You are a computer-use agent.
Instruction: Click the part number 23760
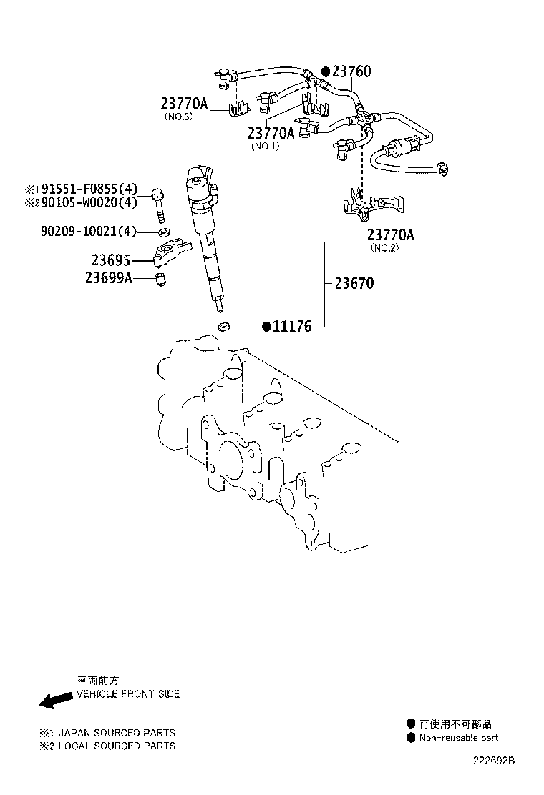click(x=351, y=71)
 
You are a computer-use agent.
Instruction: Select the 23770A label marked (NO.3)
click(x=184, y=104)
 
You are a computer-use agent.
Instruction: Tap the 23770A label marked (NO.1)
click(x=271, y=133)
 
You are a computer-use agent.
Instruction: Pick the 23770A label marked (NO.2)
click(x=390, y=234)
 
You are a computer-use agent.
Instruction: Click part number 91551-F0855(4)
click(x=89, y=189)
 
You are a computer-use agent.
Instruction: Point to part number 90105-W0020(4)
click(x=89, y=202)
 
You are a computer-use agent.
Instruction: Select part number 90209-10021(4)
click(x=89, y=232)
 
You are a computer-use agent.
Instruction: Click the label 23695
click(x=111, y=260)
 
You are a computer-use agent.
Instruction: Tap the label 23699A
click(x=109, y=278)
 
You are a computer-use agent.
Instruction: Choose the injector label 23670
click(x=354, y=283)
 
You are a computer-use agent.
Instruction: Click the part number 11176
click(x=292, y=327)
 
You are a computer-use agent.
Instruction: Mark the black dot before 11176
click(x=266, y=327)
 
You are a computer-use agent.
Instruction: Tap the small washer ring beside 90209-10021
click(x=163, y=233)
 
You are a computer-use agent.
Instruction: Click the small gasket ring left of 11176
click(x=224, y=326)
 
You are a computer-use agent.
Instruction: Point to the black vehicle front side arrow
click(x=56, y=700)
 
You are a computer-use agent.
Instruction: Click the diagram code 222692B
click(x=494, y=761)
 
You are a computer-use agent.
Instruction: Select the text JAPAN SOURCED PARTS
click(x=117, y=733)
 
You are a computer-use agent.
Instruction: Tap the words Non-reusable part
click(x=459, y=738)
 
